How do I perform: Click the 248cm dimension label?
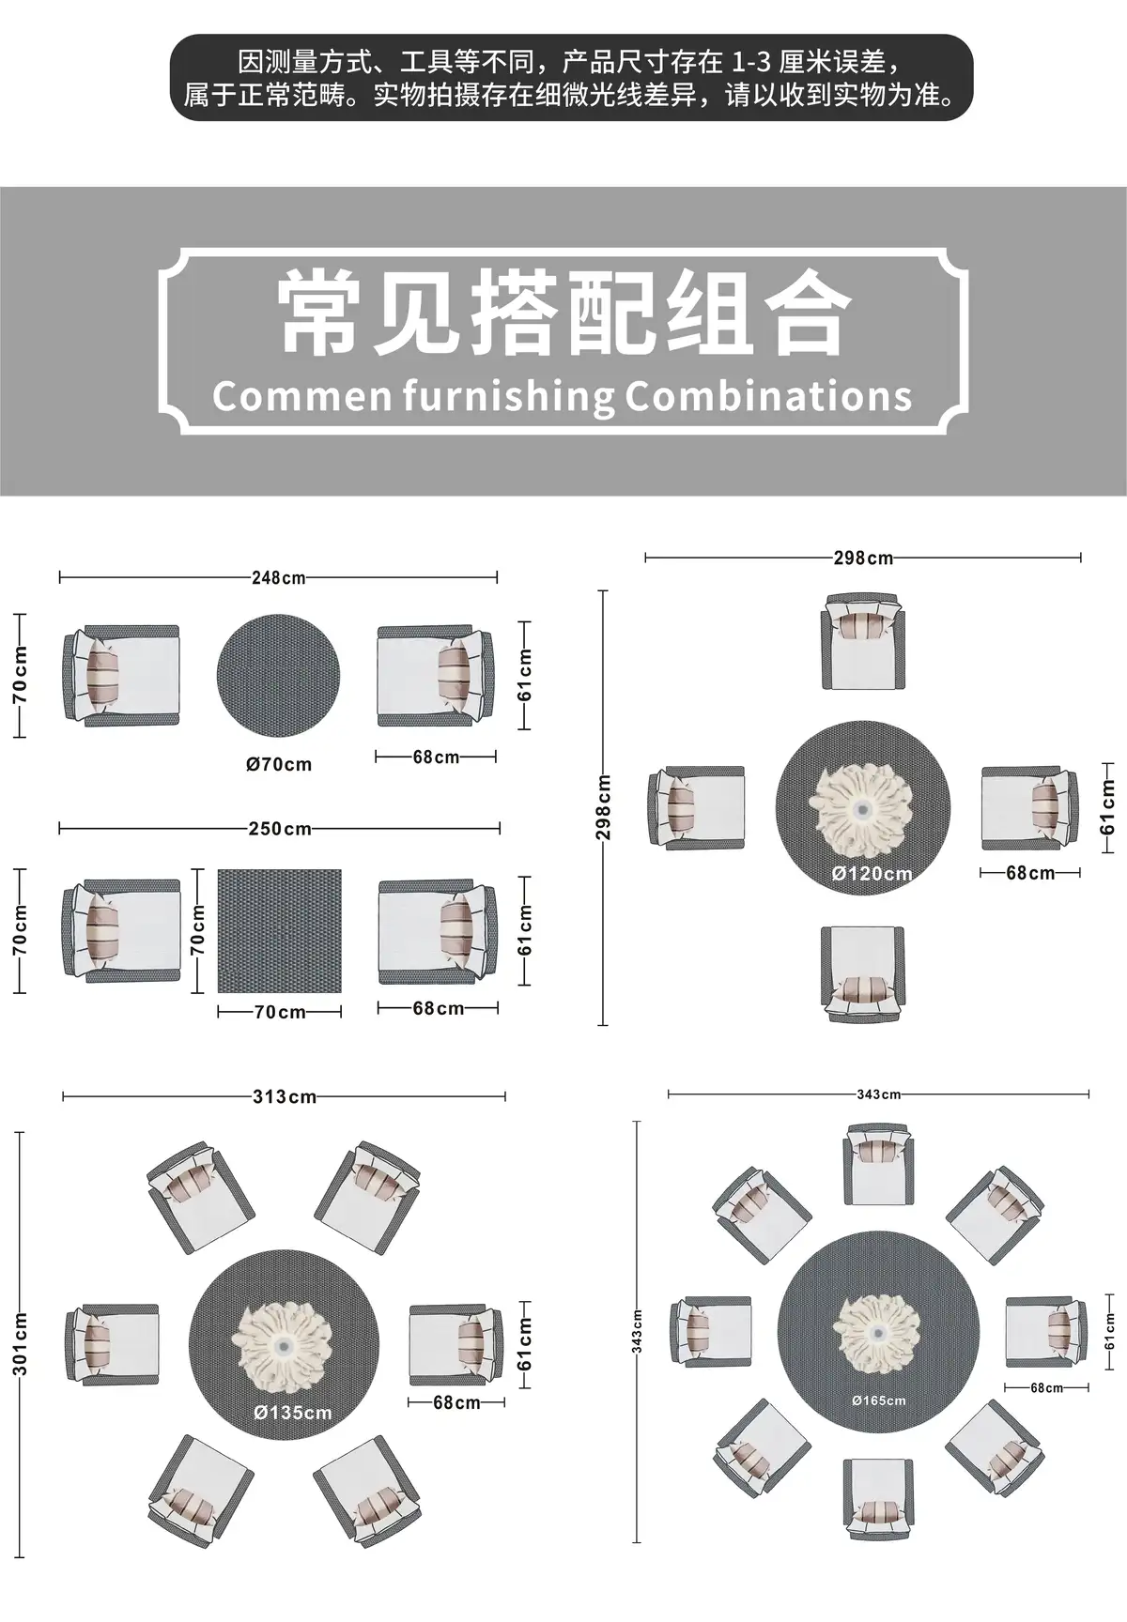point(278,577)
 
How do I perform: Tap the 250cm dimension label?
point(280,829)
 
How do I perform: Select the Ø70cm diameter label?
point(279,764)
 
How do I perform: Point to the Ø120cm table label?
point(872,874)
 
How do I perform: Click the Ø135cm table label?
point(292,1412)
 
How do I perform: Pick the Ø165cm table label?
point(879,1400)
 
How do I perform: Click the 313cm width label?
point(284,1096)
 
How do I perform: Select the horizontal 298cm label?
point(863,558)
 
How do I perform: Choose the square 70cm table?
point(280,930)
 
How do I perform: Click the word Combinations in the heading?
point(768,396)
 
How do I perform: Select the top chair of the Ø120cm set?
point(864,640)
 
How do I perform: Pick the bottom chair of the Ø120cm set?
point(863,973)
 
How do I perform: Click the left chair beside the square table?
point(122,931)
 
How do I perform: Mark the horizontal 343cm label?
point(878,1094)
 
